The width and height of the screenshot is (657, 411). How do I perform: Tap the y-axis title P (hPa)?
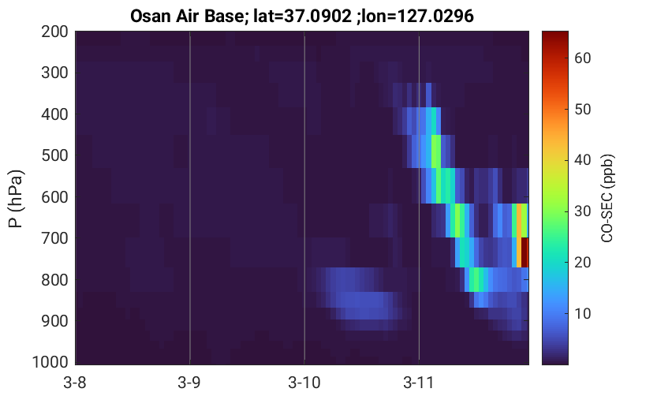(16, 199)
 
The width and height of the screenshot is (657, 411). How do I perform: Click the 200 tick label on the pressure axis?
(54, 32)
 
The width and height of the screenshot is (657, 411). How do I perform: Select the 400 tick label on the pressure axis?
(54, 114)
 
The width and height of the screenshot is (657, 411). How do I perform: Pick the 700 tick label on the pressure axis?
(54, 238)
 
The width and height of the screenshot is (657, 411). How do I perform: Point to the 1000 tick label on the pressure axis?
(50, 361)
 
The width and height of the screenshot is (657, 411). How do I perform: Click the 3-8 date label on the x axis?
(75, 383)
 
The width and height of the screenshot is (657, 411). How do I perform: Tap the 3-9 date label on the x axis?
(189, 383)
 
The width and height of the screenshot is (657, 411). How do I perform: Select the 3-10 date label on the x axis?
(304, 383)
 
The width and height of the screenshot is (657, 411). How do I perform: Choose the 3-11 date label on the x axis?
(419, 383)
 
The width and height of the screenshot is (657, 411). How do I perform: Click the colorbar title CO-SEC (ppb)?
(607, 198)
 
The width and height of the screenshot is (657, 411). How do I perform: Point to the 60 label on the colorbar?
(583, 58)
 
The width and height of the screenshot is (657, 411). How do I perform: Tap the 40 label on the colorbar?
(583, 159)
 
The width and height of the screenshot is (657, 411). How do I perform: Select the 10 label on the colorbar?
(583, 313)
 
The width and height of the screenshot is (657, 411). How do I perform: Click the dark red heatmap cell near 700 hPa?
(524, 252)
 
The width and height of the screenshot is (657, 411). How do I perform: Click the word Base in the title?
(224, 16)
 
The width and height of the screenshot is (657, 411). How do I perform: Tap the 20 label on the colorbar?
(583, 262)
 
